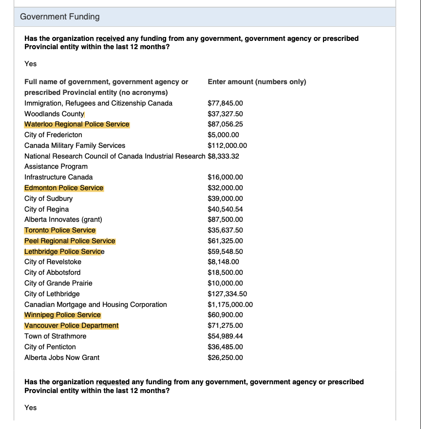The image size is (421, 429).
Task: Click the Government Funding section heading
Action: click(60, 17)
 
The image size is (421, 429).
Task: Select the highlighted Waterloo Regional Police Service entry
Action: click(77, 124)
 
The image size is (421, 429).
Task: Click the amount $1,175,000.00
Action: click(230, 304)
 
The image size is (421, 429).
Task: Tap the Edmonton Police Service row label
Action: click(64, 188)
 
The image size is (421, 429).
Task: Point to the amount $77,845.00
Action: click(225, 103)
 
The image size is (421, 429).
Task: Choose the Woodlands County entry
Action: click(54, 114)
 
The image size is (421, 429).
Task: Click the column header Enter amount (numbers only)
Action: click(257, 82)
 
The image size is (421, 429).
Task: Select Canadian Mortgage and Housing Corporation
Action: click(96, 304)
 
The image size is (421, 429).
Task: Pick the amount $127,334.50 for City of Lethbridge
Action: click(227, 294)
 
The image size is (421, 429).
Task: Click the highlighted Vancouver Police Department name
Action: click(72, 325)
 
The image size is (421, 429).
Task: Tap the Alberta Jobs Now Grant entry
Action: click(62, 357)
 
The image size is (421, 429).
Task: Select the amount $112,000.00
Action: click(227, 145)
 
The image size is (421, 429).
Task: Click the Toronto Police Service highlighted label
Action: click(60, 230)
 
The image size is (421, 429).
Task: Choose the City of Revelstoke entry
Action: click(53, 262)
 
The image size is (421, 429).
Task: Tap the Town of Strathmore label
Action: click(56, 336)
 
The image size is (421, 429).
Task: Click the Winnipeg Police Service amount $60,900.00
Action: click(225, 315)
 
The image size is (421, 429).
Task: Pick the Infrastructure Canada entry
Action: click(58, 177)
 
